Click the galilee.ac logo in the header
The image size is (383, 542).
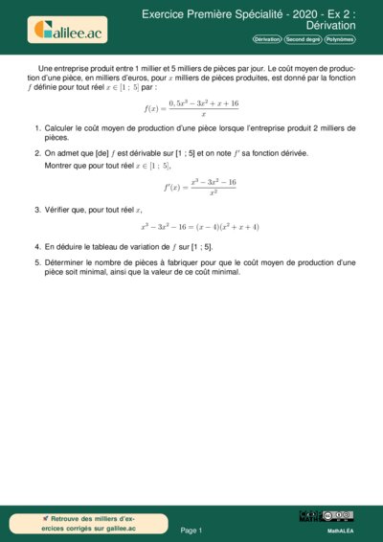click(70, 30)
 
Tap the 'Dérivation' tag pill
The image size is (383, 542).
click(267, 40)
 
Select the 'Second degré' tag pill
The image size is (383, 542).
click(302, 40)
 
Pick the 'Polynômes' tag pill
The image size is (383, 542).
click(340, 40)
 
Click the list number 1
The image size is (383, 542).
click(37, 127)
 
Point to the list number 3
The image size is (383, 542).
click(37, 209)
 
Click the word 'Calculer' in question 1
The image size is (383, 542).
click(59, 127)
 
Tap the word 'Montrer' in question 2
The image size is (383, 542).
click(59, 165)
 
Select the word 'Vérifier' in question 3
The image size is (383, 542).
click(58, 209)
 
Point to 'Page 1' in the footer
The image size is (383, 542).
click(191, 529)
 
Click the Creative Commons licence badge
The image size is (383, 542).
click(339, 515)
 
